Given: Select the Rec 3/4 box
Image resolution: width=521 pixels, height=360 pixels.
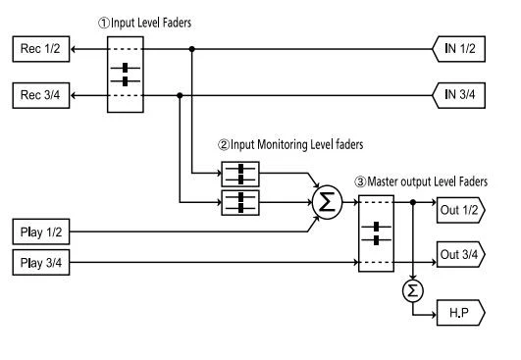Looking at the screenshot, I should coord(39,95).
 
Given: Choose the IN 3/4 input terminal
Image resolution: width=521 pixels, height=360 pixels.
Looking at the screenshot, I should coord(460,95).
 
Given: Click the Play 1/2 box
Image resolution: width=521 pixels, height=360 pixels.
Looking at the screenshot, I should coord(40,231).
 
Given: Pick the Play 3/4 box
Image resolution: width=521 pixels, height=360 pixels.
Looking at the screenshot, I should coord(40,262).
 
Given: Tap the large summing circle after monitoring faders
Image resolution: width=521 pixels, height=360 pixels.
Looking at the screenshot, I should coord(325,204).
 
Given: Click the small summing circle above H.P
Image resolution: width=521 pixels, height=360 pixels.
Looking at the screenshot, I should coord(414,291).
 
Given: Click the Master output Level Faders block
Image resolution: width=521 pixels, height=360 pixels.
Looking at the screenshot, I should coord(376,235).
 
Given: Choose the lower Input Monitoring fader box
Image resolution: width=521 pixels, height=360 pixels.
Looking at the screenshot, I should coord(238,203).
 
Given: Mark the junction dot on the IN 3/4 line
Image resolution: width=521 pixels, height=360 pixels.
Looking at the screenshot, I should coord(180,95).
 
